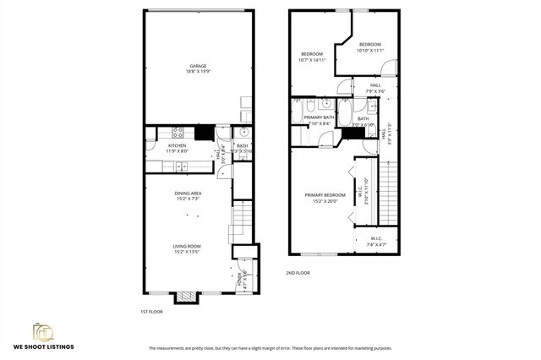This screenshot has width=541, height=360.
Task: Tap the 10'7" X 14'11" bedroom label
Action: point(312,57)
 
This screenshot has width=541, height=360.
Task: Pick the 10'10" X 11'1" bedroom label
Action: point(369,47)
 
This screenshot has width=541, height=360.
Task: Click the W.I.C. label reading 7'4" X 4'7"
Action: point(375,240)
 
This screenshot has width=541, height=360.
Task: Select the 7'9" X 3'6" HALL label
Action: point(374,87)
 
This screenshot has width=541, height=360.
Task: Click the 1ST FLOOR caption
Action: point(150,311)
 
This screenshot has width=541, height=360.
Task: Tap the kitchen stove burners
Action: point(178,132)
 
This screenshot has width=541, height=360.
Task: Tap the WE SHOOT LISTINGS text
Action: point(42,347)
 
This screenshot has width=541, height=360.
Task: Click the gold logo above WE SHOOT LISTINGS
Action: point(42,330)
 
